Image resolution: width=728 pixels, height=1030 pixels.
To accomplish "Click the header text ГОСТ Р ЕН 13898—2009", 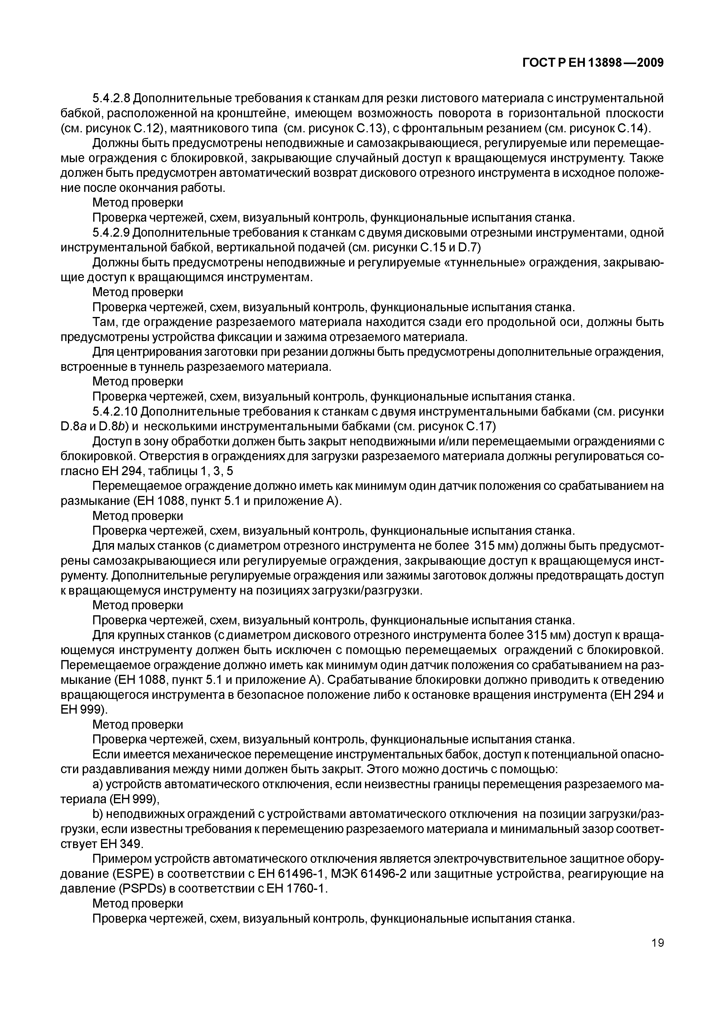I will pyautogui.click(x=593, y=63).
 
